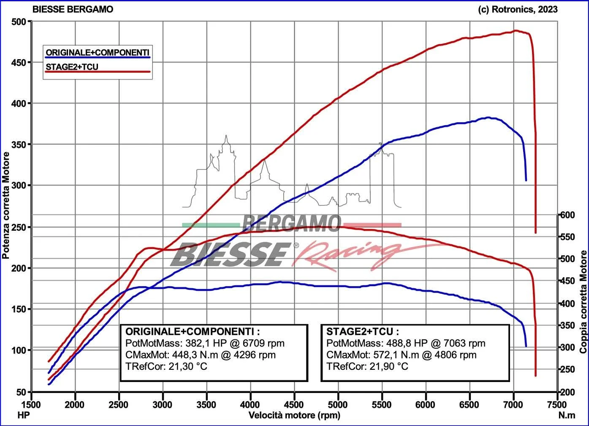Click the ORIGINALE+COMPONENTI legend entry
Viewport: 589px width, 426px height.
[x=97, y=52]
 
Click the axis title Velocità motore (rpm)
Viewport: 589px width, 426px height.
[x=294, y=415]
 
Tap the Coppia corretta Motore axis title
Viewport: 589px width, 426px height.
[x=584, y=302]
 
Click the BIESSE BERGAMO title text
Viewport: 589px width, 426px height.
[x=73, y=9]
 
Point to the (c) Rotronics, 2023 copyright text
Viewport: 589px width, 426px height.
[x=518, y=9]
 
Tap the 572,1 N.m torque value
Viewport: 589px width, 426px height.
[x=396, y=355]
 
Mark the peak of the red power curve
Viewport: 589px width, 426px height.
[x=516, y=30]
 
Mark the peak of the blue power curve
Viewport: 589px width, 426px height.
[x=488, y=117]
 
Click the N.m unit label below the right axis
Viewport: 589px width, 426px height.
[x=566, y=415]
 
